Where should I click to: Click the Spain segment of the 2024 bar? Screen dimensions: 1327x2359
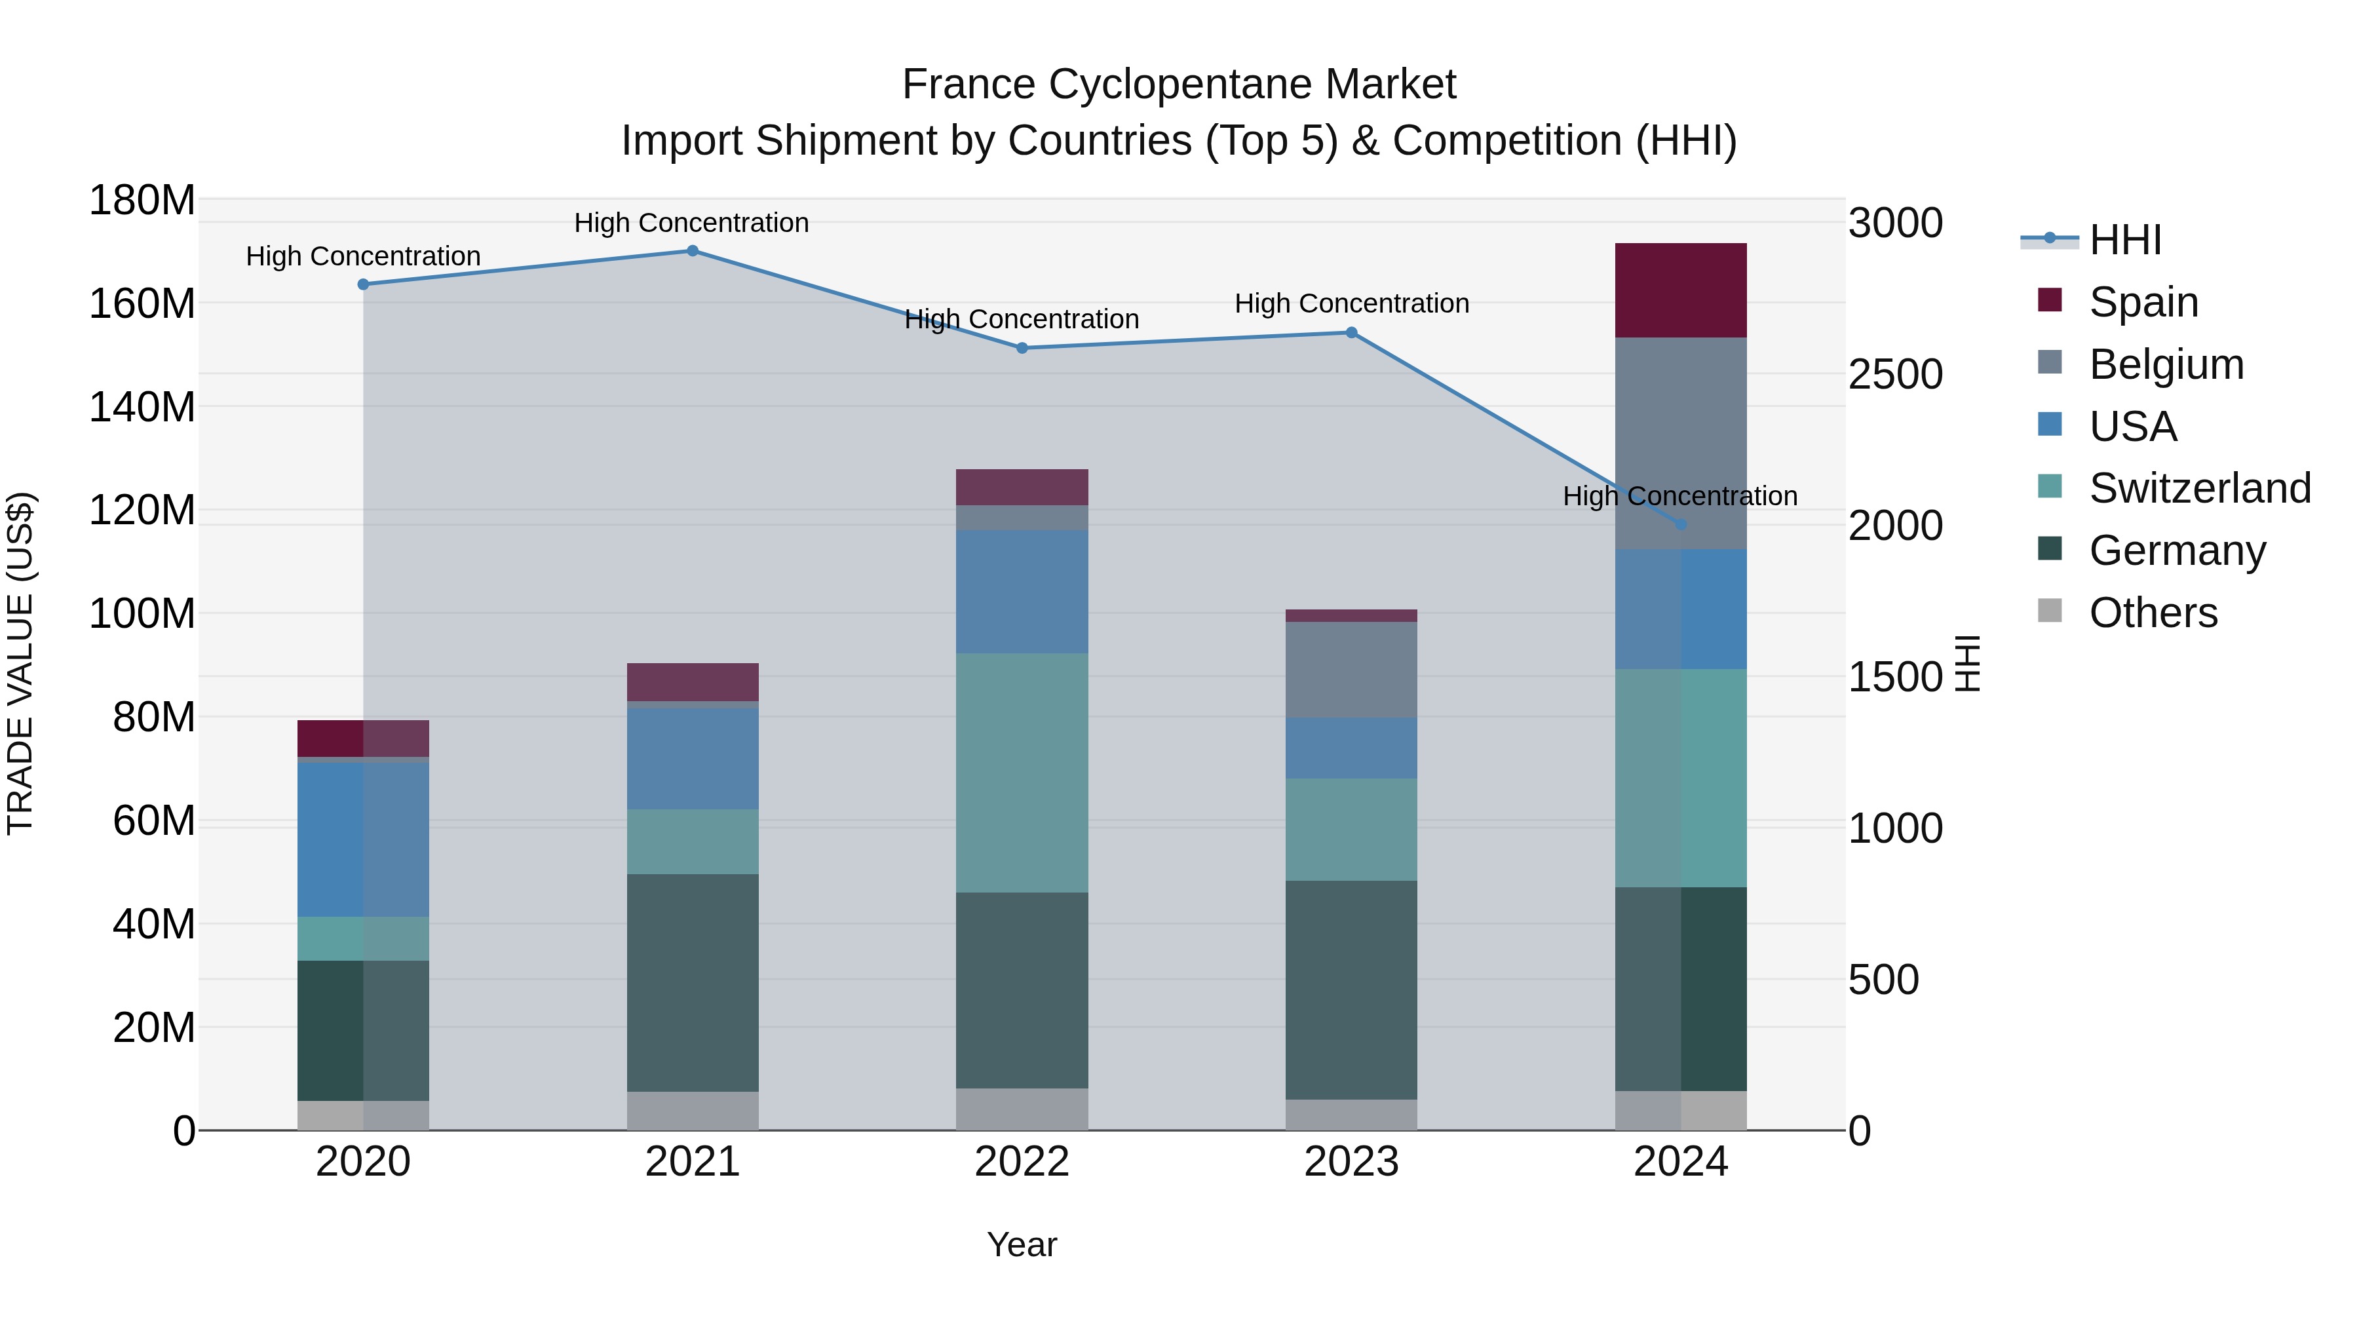[x=1680, y=290]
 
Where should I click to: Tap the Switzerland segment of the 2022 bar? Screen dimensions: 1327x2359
[x=1022, y=773]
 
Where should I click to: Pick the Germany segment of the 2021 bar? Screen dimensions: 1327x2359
[x=693, y=983]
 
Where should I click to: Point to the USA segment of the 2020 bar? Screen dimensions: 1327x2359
[x=362, y=840]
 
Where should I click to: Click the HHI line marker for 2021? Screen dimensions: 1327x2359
[x=693, y=251]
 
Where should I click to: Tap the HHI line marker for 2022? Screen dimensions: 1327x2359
[x=1022, y=348]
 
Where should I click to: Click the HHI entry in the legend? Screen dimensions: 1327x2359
[x=2124, y=240]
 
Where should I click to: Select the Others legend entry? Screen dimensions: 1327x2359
[x=2152, y=613]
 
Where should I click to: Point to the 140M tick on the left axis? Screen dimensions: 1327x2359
[x=142, y=406]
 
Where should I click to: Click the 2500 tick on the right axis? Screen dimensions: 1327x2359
[x=1894, y=375]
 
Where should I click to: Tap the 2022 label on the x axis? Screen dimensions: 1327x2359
[x=1022, y=1162]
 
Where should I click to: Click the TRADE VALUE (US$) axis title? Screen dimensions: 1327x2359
[x=20, y=663]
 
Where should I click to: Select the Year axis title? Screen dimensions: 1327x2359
[x=1022, y=1244]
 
